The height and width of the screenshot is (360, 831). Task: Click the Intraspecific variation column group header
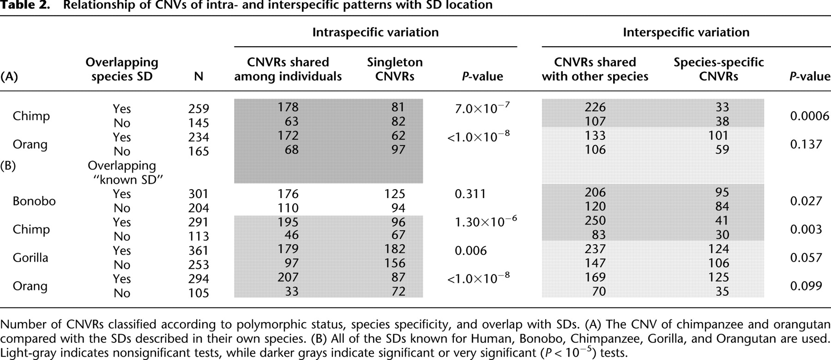(375, 32)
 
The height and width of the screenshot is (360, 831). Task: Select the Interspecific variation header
(686, 32)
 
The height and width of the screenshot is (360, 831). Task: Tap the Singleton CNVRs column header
(395, 69)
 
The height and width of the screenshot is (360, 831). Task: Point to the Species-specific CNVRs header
(718, 69)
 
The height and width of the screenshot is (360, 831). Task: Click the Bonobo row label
(34, 201)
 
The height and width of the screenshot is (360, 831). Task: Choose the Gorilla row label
(30, 258)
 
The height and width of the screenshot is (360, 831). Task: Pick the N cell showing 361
(199, 251)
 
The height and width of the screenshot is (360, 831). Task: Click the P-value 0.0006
(809, 116)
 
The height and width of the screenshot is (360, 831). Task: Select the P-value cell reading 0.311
(470, 194)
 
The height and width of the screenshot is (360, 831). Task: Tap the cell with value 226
(595, 107)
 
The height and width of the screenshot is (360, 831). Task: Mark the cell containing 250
(595, 221)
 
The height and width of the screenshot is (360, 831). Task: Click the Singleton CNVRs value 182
(395, 249)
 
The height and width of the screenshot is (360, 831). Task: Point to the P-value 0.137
(806, 144)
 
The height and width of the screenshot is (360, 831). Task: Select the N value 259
(199, 109)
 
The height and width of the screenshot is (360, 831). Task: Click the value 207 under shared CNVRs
(288, 277)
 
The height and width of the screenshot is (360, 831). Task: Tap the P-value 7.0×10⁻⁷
(482, 108)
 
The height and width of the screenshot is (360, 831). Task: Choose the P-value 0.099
(806, 286)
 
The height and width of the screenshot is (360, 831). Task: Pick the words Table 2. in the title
(25, 6)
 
